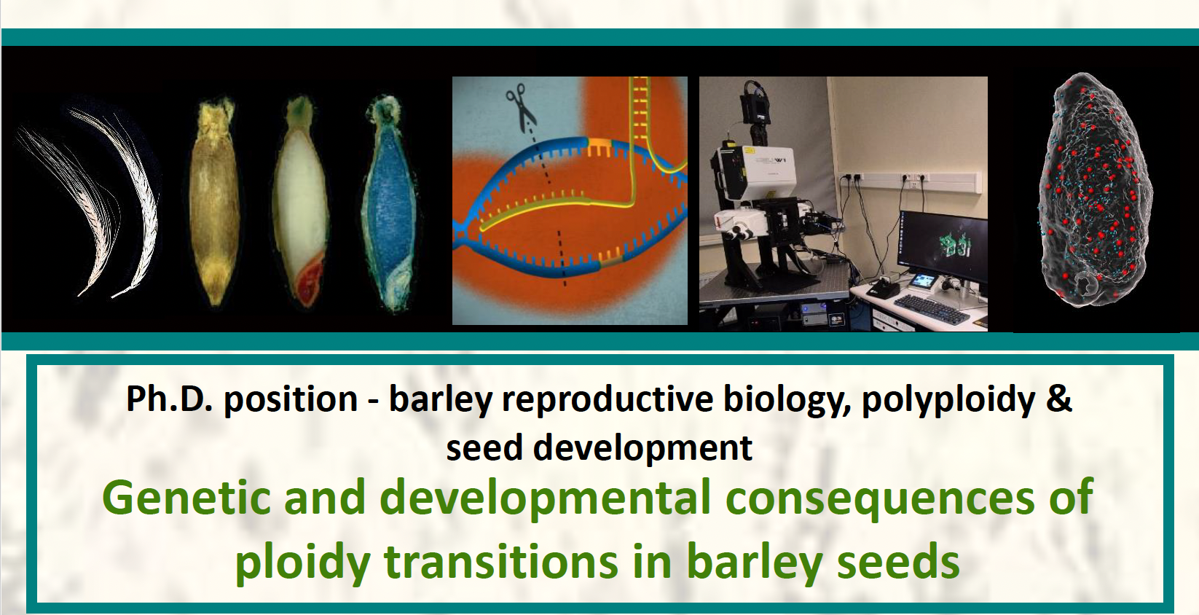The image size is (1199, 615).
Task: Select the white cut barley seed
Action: click(301, 203)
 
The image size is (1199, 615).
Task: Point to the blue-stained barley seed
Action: click(390, 203)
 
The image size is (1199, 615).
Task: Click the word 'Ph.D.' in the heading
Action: click(169, 399)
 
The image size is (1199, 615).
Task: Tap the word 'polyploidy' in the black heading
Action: click(948, 401)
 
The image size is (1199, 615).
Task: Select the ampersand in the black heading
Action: click(1059, 399)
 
